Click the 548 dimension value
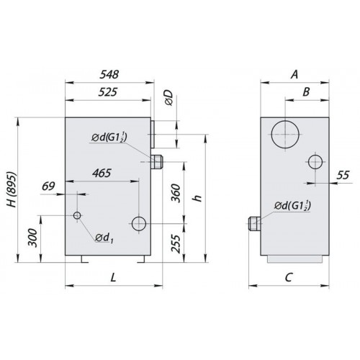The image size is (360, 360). coord(109,74)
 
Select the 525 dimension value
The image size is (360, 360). coord(108,92)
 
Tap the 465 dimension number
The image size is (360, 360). coord(102,173)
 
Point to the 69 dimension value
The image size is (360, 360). coord(48,186)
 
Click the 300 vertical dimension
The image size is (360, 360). coord(33,238)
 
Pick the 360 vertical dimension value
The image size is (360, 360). coord(176,194)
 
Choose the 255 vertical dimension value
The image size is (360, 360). coord(176,243)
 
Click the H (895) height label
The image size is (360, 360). coord(12,189)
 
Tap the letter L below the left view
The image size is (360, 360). coord(113,278)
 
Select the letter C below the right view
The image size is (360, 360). coord(289,277)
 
